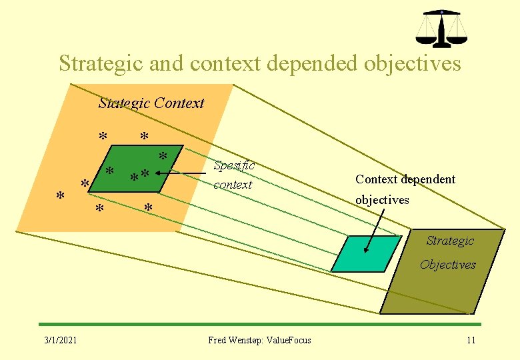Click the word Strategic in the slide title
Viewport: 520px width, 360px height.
[x=98, y=63]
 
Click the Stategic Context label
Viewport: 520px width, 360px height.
[x=151, y=103]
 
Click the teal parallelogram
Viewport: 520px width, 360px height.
[x=365, y=253]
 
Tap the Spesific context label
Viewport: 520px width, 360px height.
[x=233, y=175]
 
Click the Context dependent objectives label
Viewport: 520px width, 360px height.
[x=405, y=189]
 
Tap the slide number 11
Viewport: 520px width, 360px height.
[x=471, y=340]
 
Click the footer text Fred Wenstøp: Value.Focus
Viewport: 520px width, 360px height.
[x=259, y=340]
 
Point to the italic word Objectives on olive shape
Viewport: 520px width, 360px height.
[x=447, y=265]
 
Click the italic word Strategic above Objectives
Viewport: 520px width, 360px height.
[x=450, y=241]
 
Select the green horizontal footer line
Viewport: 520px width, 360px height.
[x=260, y=324]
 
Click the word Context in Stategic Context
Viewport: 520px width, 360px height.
[x=179, y=103]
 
